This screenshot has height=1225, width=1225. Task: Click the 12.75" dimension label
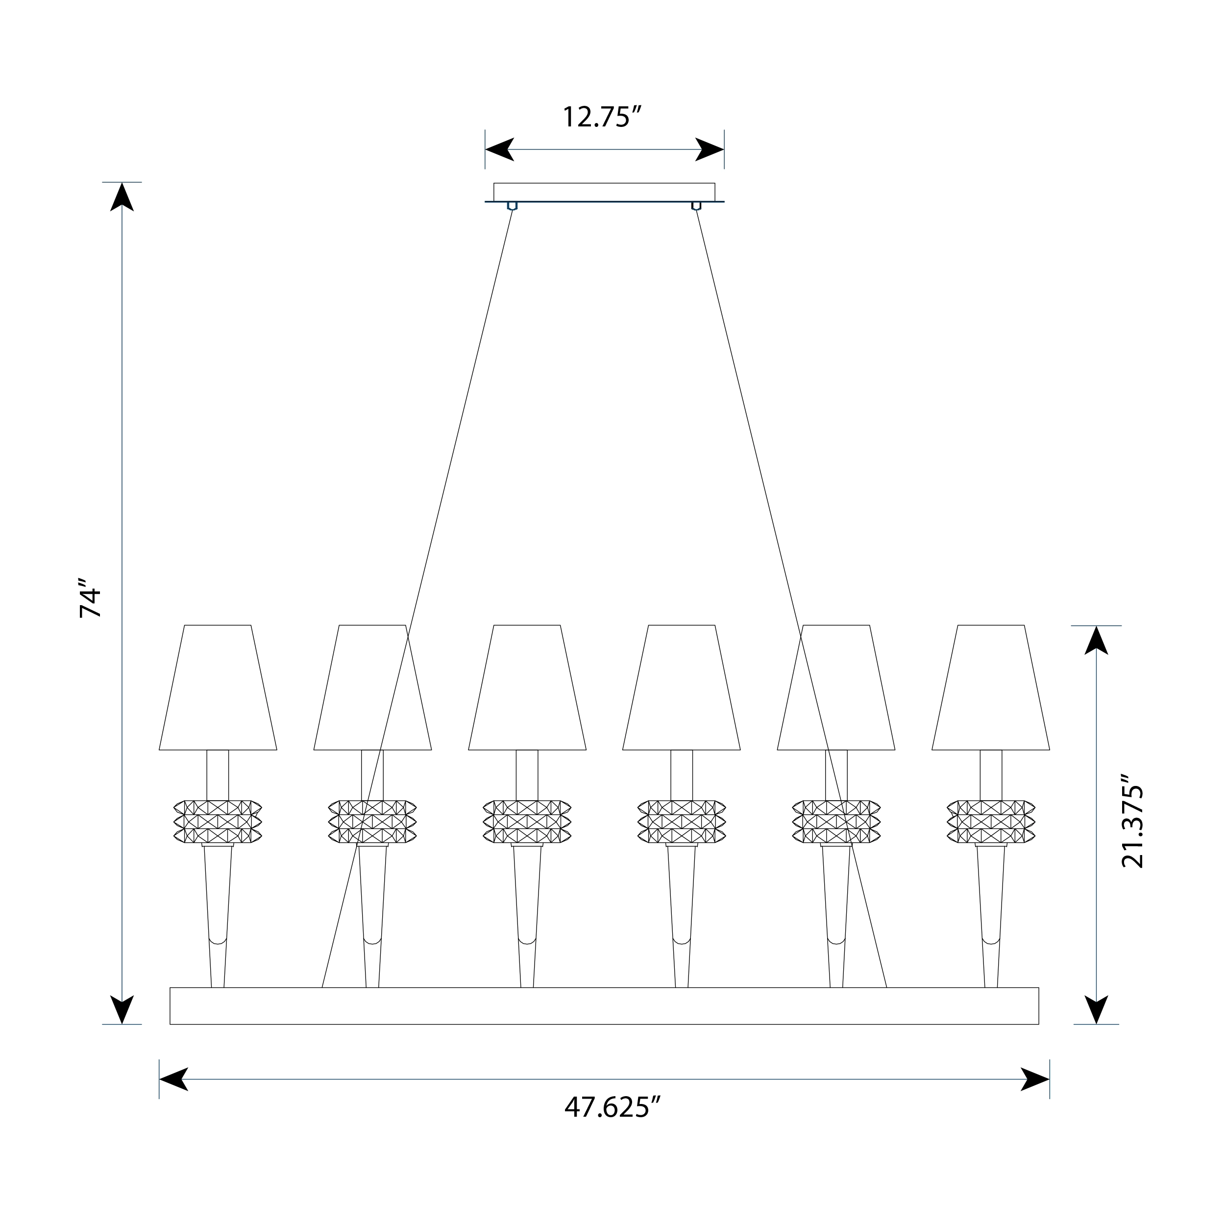(x=603, y=117)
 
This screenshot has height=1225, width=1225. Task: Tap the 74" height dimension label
(x=90, y=598)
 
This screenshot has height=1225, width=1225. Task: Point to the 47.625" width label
(x=612, y=1108)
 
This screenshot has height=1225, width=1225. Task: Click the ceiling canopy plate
(x=604, y=192)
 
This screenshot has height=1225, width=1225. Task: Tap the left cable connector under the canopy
(x=513, y=206)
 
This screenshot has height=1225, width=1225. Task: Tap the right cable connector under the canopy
(x=696, y=206)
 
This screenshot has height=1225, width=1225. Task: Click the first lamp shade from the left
(x=218, y=688)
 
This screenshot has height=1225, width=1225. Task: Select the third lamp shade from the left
(x=527, y=688)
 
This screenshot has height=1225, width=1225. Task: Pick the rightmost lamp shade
(x=991, y=688)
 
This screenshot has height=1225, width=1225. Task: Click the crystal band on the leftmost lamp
(x=218, y=822)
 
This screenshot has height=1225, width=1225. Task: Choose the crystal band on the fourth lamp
(x=682, y=822)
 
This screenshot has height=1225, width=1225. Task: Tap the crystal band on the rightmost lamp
(x=991, y=822)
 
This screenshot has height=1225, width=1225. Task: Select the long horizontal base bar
(x=604, y=1005)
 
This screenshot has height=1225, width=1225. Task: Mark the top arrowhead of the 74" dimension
(x=122, y=197)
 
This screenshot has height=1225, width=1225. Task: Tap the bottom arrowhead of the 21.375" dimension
(x=1096, y=1009)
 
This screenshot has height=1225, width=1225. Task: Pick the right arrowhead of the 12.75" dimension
(x=710, y=149)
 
